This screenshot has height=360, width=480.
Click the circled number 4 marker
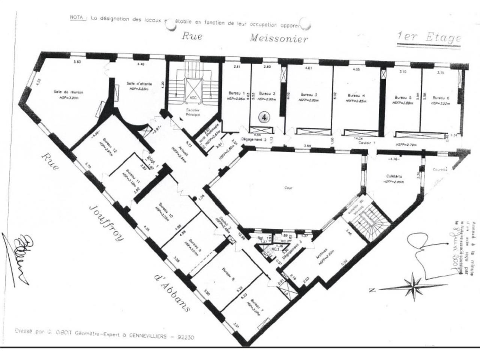(264, 117)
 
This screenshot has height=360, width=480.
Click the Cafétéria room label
(393, 176)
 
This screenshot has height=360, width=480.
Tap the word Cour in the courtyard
(288, 188)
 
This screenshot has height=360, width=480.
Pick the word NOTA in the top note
(76, 18)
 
